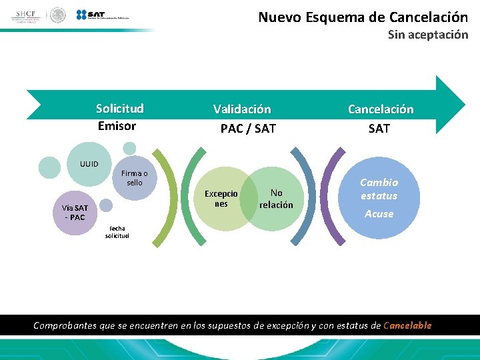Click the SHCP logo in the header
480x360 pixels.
pyautogui.click(x=27, y=15)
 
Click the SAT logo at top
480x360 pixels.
pyautogui.click(x=103, y=15)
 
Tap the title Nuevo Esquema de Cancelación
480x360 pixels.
pyautogui.click(x=363, y=17)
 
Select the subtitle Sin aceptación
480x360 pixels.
pyautogui.click(x=428, y=35)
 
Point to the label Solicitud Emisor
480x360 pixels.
pyautogui.click(x=119, y=117)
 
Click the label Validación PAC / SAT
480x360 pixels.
pyautogui.click(x=243, y=118)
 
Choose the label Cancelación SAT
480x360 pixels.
pyautogui.click(x=380, y=118)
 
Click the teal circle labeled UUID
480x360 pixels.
pyautogui.click(x=88, y=163)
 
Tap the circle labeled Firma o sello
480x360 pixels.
pyautogui.click(x=134, y=178)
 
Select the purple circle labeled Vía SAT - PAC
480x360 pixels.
pyautogui.click(x=75, y=213)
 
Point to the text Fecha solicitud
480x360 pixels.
pyautogui.click(x=117, y=232)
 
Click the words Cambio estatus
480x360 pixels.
pyautogui.click(x=379, y=189)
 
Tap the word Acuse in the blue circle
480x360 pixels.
pyautogui.click(x=379, y=214)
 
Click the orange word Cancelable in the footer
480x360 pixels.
pyautogui.click(x=407, y=325)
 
